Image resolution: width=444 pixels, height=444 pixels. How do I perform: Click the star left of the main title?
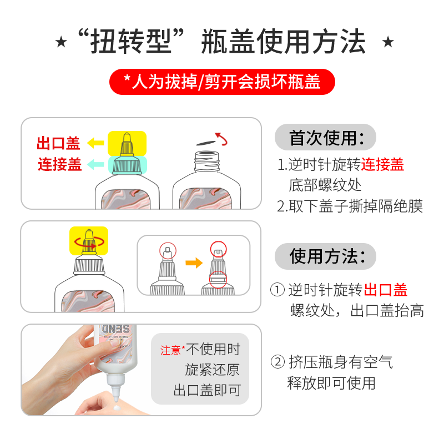[62, 42]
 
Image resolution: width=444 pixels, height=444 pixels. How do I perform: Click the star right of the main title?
[389, 42]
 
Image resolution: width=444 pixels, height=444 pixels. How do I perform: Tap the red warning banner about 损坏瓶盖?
[222, 82]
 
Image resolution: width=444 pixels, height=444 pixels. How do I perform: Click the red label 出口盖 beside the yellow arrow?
[58, 144]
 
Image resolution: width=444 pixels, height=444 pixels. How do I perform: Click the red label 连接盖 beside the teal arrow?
[59, 164]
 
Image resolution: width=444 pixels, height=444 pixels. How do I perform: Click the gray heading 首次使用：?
[326, 138]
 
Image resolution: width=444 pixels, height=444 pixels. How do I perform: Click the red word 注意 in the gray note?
[170, 350]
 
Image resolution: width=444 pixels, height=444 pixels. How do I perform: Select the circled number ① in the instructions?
[277, 290]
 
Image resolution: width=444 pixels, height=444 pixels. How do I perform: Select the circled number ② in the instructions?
[277, 362]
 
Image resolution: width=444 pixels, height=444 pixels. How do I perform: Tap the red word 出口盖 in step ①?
[386, 290]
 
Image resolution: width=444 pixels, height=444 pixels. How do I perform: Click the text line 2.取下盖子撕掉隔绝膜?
[350, 206]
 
